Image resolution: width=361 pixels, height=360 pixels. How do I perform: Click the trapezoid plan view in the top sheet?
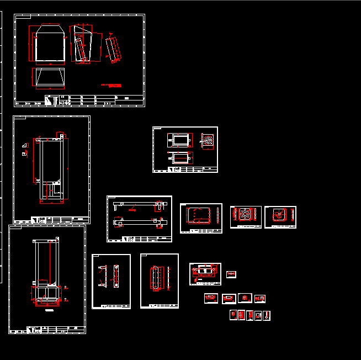(x=50, y=77)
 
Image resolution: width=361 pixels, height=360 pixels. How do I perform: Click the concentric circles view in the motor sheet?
(x=208, y=141)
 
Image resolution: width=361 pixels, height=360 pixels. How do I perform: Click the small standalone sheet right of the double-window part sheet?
(x=231, y=274)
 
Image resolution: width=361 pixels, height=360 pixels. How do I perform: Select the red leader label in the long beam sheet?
(x=132, y=209)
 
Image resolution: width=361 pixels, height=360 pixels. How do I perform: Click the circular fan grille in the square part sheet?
(x=246, y=214)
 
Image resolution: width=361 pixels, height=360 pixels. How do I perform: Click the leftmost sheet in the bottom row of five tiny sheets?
(x=233, y=315)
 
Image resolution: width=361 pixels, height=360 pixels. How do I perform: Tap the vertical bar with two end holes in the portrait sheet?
(x=115, y=276)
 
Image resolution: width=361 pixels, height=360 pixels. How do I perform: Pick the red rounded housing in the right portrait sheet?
(x=156, y=277)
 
